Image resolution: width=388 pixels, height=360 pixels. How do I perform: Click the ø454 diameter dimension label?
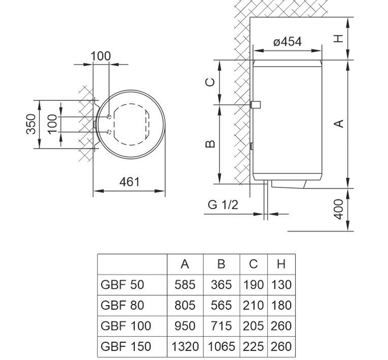tap(288, 42)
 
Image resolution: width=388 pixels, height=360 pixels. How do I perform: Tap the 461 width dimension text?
tap(129, 182)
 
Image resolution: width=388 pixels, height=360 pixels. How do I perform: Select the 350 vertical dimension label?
tap(31, 124)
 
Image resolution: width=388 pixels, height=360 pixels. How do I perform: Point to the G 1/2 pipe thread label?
tap(223, 205)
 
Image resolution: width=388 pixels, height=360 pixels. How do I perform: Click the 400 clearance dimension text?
tap(339, 209)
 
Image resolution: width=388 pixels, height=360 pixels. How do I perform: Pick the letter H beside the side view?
tap(339, 39)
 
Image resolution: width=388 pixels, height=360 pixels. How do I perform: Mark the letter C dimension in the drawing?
tap(210, 82)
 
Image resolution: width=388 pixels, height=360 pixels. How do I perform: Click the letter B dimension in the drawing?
tap(210, 144)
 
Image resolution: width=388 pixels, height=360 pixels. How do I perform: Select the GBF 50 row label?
tap(122, 284)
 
